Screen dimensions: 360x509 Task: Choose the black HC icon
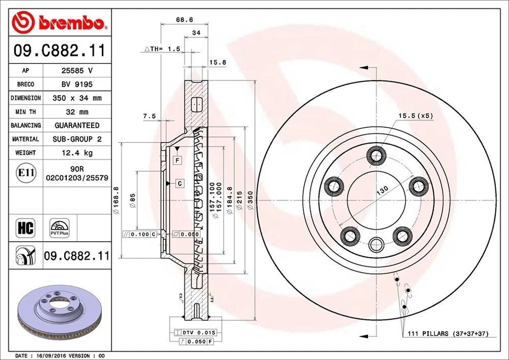[26, 229]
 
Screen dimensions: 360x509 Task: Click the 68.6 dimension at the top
[184, 20]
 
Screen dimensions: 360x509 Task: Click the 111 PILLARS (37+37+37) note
[448, 334]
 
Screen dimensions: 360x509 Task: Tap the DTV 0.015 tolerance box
[194, 332]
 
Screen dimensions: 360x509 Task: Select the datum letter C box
[180, 183]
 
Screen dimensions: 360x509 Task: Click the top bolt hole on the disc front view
[377, 155]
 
